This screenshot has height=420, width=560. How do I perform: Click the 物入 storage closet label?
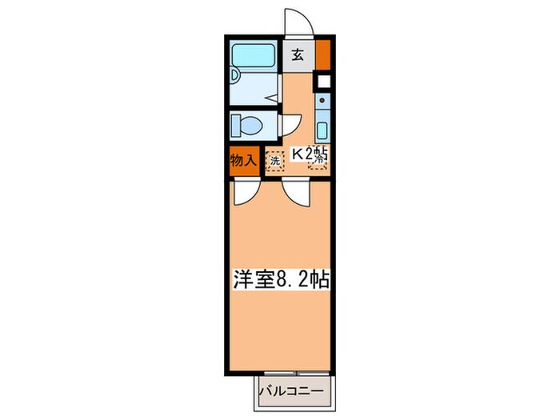(x=242, y=160)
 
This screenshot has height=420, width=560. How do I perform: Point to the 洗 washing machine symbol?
(x=274, y=160)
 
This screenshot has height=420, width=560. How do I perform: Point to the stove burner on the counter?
(x=322, y=102)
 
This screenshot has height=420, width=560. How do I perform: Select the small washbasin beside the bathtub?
(x=235, y=77)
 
